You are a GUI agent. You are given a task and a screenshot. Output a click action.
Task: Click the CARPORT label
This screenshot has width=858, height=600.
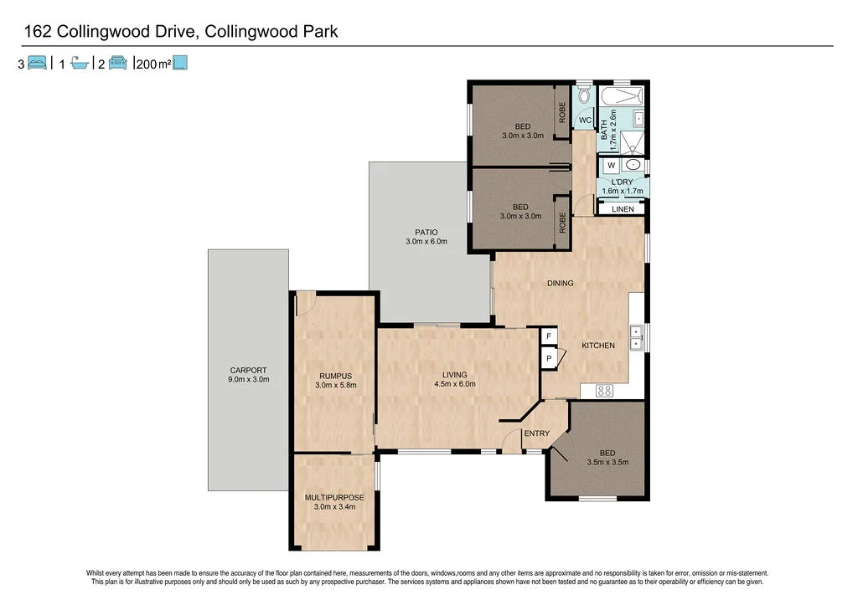(248, 370)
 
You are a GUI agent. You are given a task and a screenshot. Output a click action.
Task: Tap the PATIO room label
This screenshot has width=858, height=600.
(426, 233)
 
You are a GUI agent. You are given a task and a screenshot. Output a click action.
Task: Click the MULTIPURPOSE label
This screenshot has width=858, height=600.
(333, 498)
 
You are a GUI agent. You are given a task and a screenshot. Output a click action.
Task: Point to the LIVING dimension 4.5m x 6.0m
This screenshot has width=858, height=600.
(454, 384)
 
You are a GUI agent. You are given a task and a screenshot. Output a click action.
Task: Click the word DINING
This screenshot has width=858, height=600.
(561, 283)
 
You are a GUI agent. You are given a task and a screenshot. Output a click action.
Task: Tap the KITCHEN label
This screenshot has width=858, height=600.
(598, 346)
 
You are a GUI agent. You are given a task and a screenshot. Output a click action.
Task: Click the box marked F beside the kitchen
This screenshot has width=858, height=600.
(549, 336)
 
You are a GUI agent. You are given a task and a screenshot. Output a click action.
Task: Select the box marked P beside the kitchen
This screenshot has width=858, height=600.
(549, 358)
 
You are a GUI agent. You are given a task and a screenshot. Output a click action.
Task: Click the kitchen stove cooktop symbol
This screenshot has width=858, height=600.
(604, 390)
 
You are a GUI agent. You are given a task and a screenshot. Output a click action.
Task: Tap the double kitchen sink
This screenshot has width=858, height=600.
(636, 336)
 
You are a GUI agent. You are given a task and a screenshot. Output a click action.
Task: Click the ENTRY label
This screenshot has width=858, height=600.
(536, 433)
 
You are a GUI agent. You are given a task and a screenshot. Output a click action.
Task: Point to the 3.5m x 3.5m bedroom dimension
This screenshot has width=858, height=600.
(607, 462)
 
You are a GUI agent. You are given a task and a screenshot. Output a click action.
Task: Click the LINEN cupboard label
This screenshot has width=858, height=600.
(623, 209)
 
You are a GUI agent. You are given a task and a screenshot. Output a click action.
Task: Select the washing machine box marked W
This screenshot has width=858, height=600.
(611, 165)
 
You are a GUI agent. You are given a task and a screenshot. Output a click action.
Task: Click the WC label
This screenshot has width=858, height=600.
(586, 121)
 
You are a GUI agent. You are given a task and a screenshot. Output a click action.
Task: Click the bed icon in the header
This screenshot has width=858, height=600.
(37, 62)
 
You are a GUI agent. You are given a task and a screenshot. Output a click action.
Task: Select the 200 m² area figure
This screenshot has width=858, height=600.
(152, 63)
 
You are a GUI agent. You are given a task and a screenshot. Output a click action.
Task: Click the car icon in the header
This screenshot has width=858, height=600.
(117, 62)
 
